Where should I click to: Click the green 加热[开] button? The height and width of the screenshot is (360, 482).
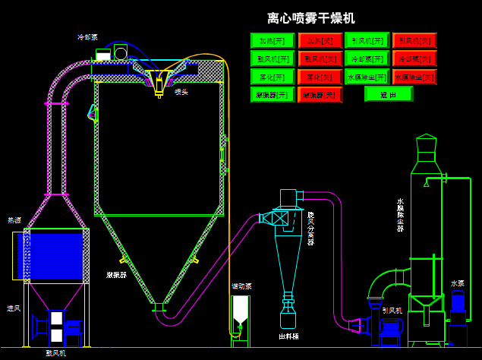(x=273, y=40)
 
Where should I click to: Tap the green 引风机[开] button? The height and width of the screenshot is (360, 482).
(x=367, y=40)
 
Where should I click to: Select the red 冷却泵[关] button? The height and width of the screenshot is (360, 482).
(x=414, y=58)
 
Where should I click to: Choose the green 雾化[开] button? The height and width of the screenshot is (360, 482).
(x=273, y=77)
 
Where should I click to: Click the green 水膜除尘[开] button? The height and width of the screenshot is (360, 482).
(x=367, y=77)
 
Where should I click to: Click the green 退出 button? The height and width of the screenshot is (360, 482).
(x=389, y=94)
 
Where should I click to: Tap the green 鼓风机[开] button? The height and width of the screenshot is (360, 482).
(x=273, y=58)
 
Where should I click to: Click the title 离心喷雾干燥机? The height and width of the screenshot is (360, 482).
(x=311, y=18)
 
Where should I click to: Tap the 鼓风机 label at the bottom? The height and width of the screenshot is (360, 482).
(x=56, y=353)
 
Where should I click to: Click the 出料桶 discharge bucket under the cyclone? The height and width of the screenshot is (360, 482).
(x=288, y=315)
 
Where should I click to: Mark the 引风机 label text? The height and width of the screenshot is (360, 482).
(x=392, y=311)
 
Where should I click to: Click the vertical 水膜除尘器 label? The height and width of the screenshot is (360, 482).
(x=400, y=216)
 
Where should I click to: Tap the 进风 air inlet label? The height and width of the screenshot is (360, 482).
(x=14, y=308)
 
